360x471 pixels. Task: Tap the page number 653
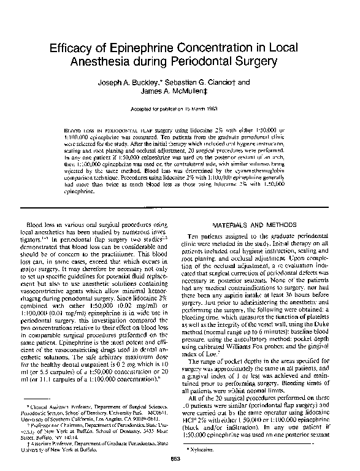(x=179, y=460)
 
